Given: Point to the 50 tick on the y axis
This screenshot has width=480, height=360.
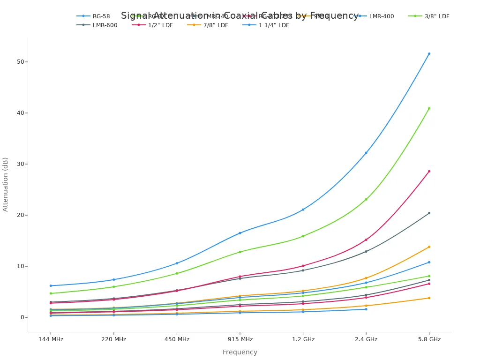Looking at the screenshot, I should (x=20, y=62).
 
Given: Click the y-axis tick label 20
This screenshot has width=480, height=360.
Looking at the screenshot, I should (x=20, y=215).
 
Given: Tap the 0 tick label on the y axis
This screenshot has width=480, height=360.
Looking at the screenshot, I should (x=22, y=317).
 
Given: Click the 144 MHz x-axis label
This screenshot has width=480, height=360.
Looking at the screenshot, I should (x=51, y=339).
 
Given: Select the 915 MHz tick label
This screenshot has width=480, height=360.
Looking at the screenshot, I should (x=240, y=339).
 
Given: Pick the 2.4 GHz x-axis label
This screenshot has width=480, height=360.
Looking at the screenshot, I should (x=366, y=339).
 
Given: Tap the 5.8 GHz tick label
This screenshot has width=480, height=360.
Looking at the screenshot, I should (x=429, y=339).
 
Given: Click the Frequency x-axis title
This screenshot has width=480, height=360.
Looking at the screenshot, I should (x=240, y=352).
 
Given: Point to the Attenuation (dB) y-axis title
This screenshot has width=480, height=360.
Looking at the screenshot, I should (x=6, y=184).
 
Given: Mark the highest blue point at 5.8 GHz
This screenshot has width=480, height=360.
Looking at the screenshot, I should (x=429, y=54).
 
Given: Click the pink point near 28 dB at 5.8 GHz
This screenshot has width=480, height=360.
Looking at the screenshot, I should (x=429, y=172).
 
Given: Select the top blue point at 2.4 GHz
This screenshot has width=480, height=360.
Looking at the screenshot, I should (x=366, y=153).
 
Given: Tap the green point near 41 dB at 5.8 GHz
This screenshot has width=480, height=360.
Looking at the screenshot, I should (x=429, y=108).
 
